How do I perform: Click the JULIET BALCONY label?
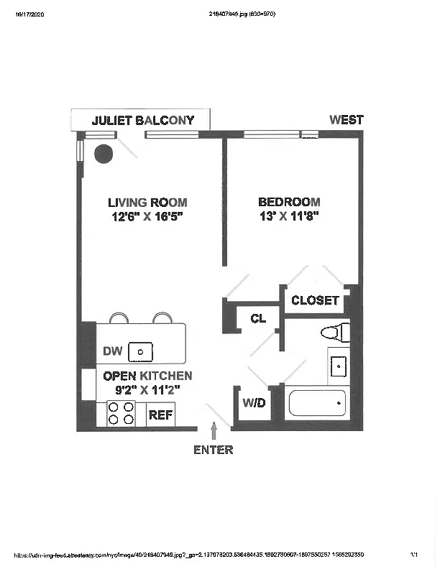click(143, 120)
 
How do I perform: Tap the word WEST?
click(346, 120)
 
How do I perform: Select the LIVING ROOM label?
click(147, 203)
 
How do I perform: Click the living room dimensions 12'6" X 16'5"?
click(147, 216)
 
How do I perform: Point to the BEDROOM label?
click(289, 203)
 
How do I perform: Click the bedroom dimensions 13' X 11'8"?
click(289, 216)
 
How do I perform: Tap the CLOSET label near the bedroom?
click(315, 300)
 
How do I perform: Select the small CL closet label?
click(258, 318)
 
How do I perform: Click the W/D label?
click(253, 403)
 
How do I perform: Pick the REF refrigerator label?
click(160, 415)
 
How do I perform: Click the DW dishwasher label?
click(112, 351)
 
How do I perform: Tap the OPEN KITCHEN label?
click(147, 376)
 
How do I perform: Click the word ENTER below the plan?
click(214, 450)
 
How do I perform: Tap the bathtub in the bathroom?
click(317, 403)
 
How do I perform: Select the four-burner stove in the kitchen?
click(122, 415)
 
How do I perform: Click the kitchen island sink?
click(141, 351)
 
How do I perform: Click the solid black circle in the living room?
click(105, 154)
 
